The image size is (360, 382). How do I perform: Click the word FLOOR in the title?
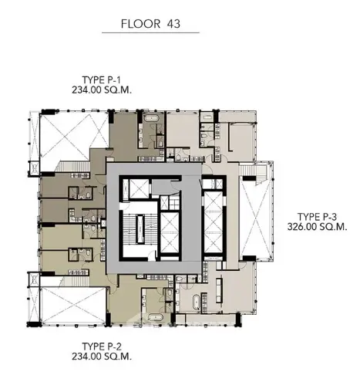click(140, 24)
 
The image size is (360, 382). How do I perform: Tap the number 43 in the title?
click(173, 24)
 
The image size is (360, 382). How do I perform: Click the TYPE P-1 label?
click(101, 80)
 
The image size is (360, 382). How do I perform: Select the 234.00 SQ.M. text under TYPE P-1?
click(102, 90)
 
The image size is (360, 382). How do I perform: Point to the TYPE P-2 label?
click(101, 347)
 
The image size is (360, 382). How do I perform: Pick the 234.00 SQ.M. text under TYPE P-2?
click(102, 357)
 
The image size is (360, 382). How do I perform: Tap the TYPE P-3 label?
click(317, 217)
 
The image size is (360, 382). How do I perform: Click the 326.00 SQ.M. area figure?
click(318, 227)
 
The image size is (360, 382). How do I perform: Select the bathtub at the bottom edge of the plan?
click(154, 317)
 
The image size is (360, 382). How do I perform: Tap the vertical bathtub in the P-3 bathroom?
click(196, 303)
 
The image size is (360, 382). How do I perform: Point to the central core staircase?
click(140, 229)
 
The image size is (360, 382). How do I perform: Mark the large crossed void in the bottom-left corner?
click(73, 306)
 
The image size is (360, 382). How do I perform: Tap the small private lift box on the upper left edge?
click(35, 168)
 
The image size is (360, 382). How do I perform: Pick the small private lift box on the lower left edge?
click(34, 279)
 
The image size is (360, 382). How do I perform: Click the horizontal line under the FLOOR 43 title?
click(150, 32)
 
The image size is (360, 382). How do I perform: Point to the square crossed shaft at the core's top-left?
click(139, 188)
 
